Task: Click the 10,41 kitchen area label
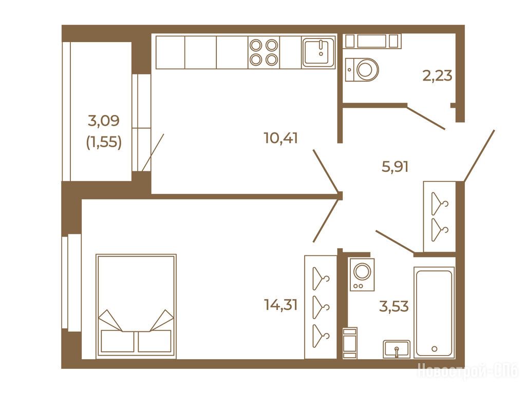point(281,138)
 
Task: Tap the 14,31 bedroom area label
point(281,305)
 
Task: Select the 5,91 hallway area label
point(395,167)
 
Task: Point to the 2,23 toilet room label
point(437,76)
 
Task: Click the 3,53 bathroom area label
point(394,306)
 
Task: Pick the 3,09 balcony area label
point(104,121)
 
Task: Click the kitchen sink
point(318,52)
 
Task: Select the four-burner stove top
point(264,52)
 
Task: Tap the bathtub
point(434,312)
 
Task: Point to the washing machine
point(362,274)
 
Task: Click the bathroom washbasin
point(397,349)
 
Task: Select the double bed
point(136,306)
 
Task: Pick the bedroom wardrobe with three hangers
point(321,307)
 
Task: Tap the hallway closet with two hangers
point(440,216)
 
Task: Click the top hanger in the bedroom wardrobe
point(321,279)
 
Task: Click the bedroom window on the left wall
point(71,282)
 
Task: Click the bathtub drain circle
point(435,349)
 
